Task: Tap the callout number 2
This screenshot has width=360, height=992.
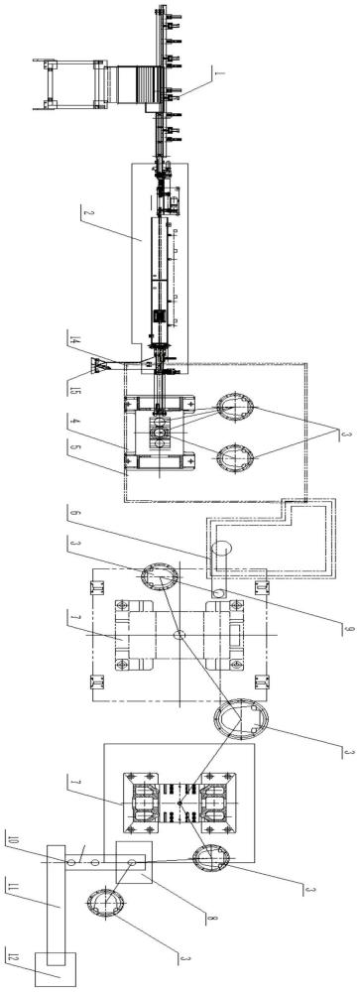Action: click(x=84, y=212)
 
